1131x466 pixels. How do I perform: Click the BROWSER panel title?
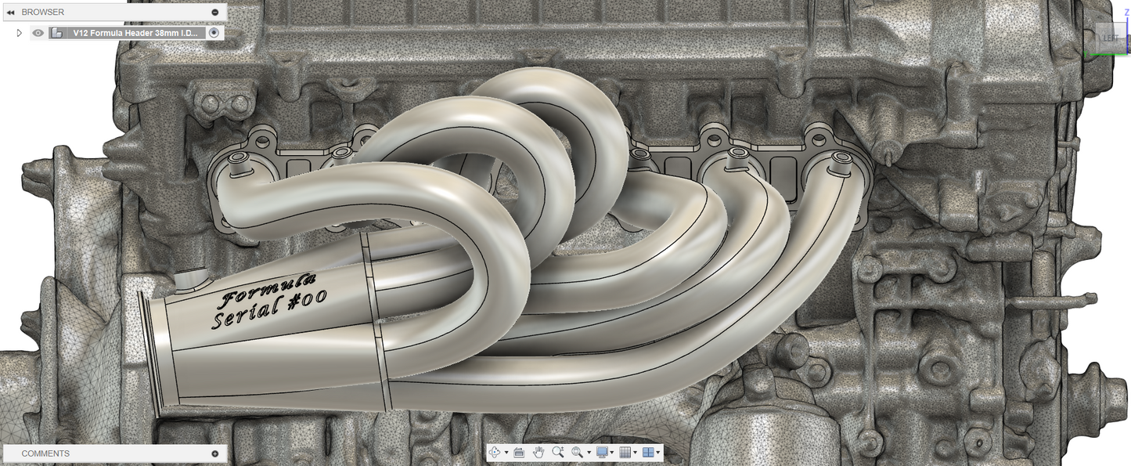tap(42, 12)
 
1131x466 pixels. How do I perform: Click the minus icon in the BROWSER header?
tap(215, 12)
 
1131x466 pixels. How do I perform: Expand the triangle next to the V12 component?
tap(20, 33)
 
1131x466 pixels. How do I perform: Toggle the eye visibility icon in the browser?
tap(38, 33)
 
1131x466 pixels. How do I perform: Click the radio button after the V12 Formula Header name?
tap(214, 33)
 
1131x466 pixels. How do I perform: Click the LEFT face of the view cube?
tap(1111, 38)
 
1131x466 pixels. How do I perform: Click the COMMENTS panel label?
tap(45, 453)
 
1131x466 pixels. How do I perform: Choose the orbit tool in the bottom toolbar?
tap(495, 452)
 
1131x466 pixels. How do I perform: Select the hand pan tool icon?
tap(538, 452)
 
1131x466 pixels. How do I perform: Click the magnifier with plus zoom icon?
tap(557, 452)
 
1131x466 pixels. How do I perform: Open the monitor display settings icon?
tap(601, 452)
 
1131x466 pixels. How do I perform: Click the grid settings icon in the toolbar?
tap(625, 452)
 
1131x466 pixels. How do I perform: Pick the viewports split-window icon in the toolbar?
tap(648, 452)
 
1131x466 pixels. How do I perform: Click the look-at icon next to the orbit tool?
tap(519, 452)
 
